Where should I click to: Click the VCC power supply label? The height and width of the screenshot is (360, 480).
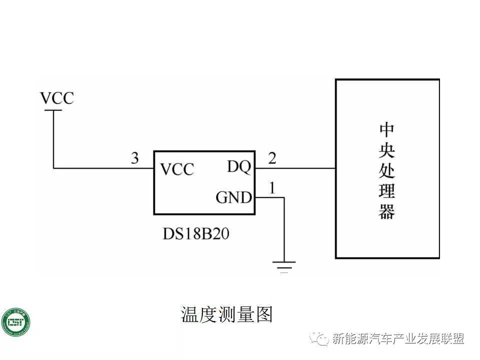[x=57, y=98]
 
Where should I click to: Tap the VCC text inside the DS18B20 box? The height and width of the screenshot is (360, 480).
[x=177, y=169]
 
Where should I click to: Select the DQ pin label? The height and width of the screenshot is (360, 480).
[x=238, y=166]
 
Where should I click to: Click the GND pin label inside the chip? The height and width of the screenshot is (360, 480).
[x=233, y=198]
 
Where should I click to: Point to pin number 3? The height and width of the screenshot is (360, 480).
[x=134, y=158]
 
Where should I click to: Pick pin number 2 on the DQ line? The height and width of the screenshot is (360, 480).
[x=272, y=158]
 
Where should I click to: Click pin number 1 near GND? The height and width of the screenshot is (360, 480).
[x=272, y=188]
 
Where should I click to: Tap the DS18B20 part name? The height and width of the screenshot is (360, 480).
[x=196, y=234]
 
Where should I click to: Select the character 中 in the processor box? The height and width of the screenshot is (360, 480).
[x=386, y=129]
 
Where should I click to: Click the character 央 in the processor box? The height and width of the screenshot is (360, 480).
[x=386, y=150]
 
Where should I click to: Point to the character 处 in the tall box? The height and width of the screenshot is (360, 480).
[x=386, y=171]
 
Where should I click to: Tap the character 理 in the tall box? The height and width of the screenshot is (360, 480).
[x=386, y=191]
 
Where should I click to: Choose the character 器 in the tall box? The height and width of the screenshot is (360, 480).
[x=386, y=212]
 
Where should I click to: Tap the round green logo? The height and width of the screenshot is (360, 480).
[x=15, y=323]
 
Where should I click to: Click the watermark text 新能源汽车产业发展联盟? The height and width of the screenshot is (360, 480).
[x=398, y=338]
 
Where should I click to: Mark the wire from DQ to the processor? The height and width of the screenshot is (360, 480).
[x=295, y=168]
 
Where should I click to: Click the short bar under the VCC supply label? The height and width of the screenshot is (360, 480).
[x=53, y=110]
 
